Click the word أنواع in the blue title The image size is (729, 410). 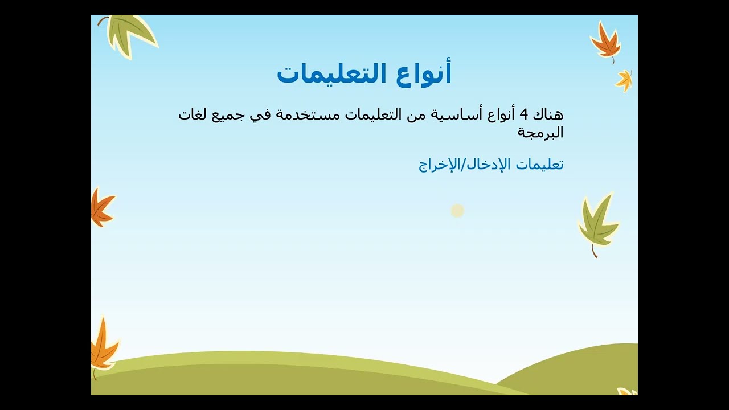pos(423,74)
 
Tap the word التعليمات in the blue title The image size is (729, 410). pos(332,73)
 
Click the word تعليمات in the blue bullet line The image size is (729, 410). pos(539,165)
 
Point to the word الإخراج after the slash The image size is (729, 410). pos(441,165)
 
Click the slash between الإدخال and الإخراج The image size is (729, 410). pos(465,165)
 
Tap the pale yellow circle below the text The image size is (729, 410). pos(457,211)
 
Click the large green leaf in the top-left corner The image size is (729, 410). pos(129,35)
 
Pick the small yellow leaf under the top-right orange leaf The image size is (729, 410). pos(624,81)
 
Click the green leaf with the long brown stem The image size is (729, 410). pos(598,223)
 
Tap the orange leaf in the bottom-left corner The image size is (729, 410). pos(104,347)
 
